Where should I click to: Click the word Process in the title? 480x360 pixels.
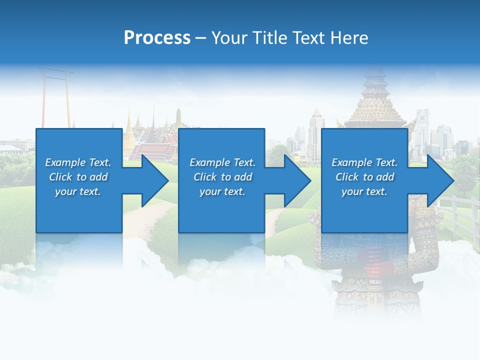tap(157, 38)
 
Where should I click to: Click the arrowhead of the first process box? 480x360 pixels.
tap(155, 180)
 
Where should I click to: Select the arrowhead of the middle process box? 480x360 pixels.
tap(298, 180)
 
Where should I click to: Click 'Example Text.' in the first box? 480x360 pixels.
tap(78, 162)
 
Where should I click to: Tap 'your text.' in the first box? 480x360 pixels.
tap(78, 191)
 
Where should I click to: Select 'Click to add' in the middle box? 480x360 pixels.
tap(222, 177)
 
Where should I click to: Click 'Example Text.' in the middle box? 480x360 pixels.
tap(222, 162)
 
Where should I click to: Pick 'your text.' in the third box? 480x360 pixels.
tap(364, 191)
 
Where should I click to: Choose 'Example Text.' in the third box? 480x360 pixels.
tap(364, 162)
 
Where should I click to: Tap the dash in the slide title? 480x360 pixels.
tap(200, 38)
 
